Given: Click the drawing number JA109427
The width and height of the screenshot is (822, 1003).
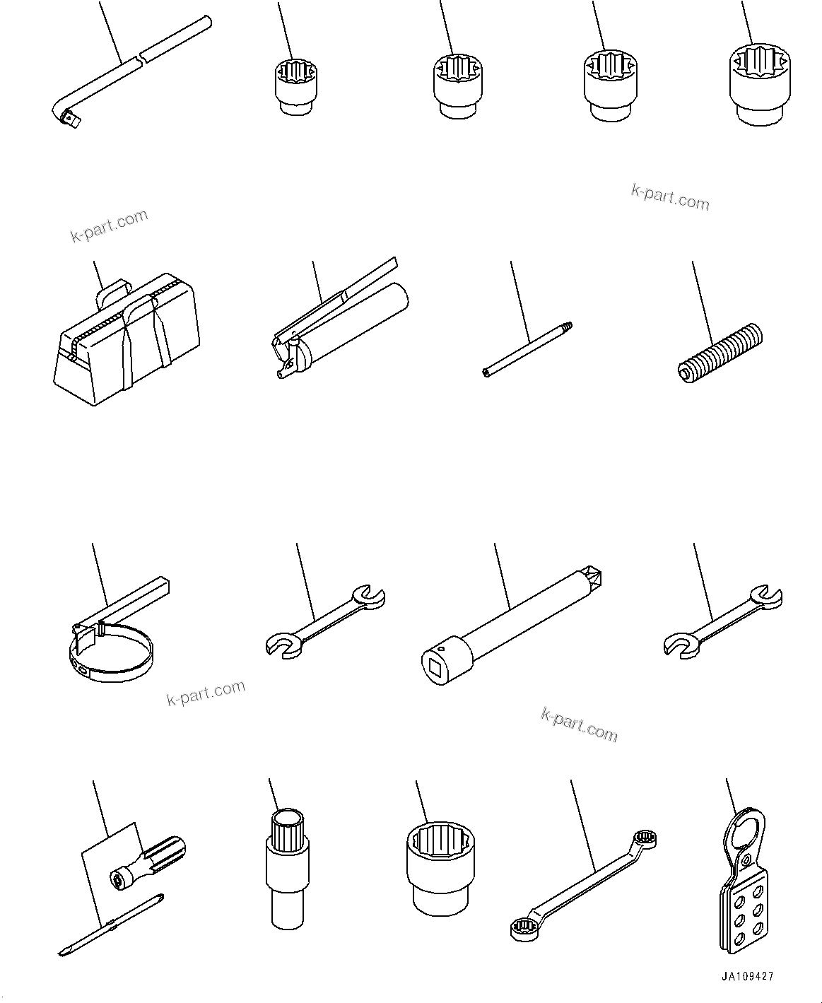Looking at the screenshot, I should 748,976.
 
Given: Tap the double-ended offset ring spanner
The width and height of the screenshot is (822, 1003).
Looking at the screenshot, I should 582,884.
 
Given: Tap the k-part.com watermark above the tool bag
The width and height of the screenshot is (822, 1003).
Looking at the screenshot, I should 110,225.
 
